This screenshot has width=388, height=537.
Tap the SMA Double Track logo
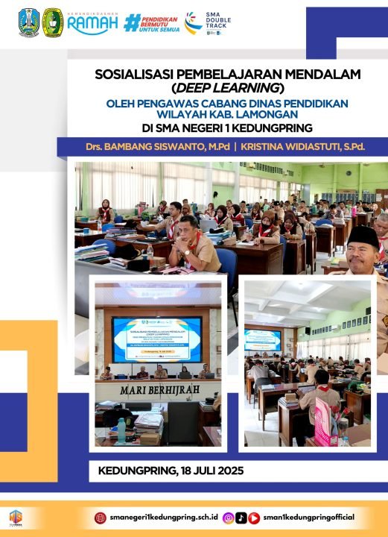[x=204, y=24]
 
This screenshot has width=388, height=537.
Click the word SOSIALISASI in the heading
[x=132, y=74]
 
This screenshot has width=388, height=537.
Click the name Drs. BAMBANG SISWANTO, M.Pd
[x=168, y=146]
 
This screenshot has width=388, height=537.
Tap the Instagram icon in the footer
[x=229, y=518]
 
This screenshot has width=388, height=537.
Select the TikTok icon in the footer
[x=241, y=518]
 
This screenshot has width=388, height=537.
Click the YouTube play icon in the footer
[x=254, y=518]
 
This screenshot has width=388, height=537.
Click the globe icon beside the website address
[x=101, y=518]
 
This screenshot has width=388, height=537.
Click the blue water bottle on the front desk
[x=121, y=430]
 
